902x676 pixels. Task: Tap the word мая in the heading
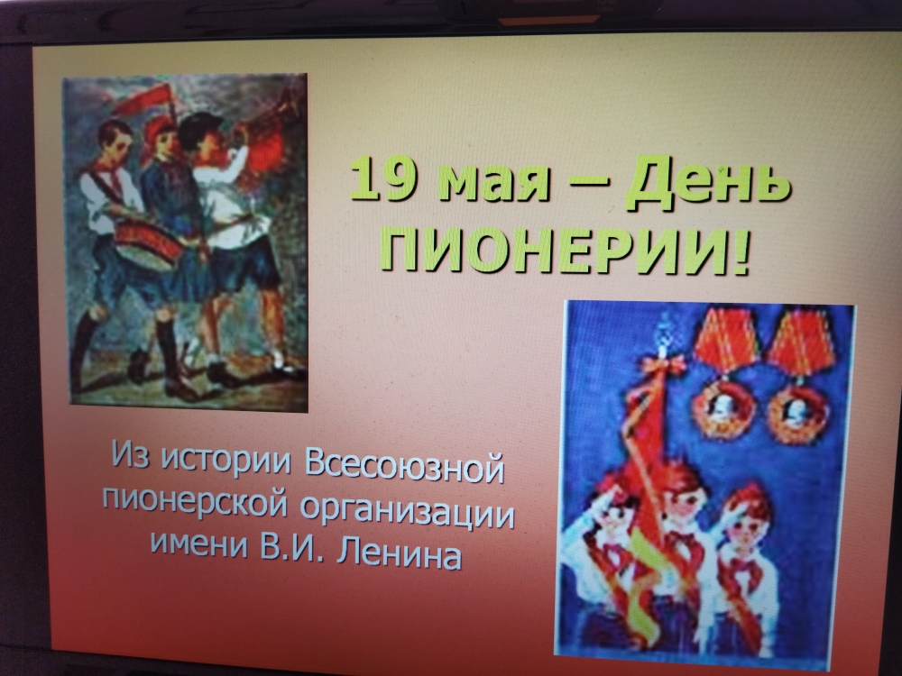tap(493, 183)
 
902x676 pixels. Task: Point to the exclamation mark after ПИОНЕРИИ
tap(740, 252)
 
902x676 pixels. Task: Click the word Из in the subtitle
tap(131, 453)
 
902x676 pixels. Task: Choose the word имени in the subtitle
tap(200, 540)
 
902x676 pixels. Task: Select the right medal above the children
tap(799, 380)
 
